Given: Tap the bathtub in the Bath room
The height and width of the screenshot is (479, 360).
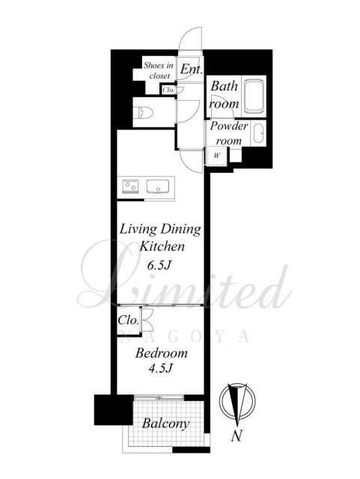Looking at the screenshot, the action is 254,97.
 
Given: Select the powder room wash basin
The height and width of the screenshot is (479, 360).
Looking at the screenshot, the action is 259,133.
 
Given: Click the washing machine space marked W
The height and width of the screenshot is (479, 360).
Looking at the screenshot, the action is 217,156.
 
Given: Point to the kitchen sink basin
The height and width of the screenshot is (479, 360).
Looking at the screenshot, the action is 158,186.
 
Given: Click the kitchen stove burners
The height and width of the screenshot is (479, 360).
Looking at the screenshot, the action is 130,186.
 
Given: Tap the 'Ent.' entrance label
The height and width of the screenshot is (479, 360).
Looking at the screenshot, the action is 191,69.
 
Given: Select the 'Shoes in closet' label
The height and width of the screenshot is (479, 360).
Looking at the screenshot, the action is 159,70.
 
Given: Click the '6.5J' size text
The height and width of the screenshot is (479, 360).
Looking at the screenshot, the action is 159,266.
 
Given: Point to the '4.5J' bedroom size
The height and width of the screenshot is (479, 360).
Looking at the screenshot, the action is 160,368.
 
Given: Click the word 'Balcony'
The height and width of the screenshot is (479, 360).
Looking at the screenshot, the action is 165,424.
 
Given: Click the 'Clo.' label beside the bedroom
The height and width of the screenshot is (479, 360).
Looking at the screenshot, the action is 128,320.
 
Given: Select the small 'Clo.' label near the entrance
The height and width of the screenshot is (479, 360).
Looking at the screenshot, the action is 168,90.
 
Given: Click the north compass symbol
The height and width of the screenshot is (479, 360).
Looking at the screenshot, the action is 237,402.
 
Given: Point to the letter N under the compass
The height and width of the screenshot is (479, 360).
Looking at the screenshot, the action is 236,435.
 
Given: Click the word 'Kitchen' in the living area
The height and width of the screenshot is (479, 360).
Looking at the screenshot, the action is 162,246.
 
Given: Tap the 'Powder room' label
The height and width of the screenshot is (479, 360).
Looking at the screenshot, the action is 228,133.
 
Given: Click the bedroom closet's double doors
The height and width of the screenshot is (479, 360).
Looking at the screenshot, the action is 147,320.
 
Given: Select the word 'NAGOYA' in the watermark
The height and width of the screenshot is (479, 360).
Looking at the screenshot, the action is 186,337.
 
